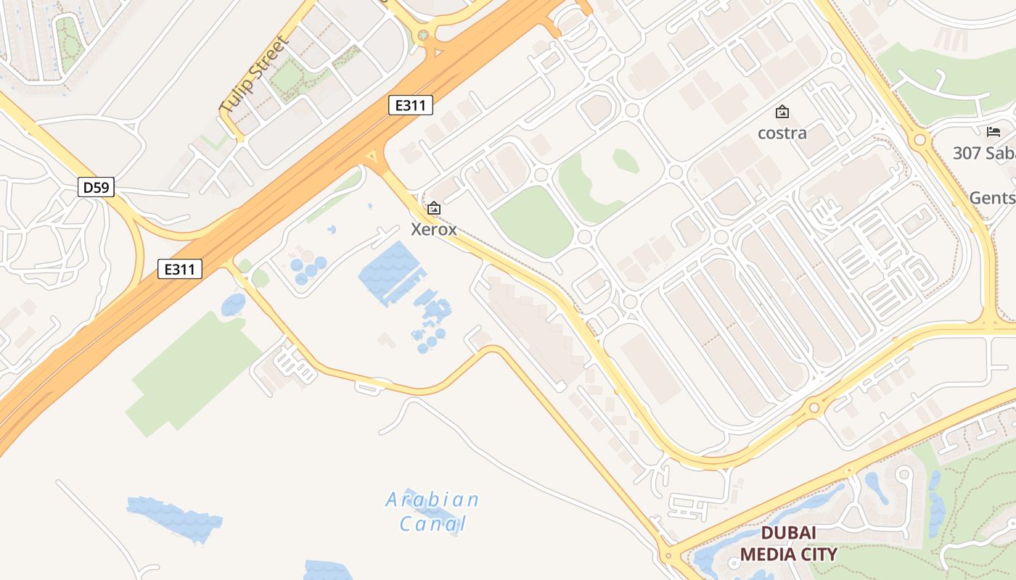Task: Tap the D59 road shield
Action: coord(96,188)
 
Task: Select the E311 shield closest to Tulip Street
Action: coord(411,106)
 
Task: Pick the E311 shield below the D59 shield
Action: coord(179,270)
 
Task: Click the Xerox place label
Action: coord(434,230)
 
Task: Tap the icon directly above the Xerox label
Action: coord(434,209)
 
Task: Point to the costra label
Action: coord(782,133)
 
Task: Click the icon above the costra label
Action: coord(782,112)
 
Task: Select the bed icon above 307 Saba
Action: coord(994,132)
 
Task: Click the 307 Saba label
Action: coord(984,153)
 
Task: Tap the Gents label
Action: coord(992,198)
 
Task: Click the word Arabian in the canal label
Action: coord(433,500)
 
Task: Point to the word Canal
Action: coord(433,523)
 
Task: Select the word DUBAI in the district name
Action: coord(788,534)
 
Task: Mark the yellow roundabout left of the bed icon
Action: coord(920,138)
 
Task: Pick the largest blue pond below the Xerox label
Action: coord(390,273)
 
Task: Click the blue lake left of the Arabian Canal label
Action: coord(175,518)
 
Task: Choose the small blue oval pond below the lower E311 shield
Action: coord(233,305)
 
